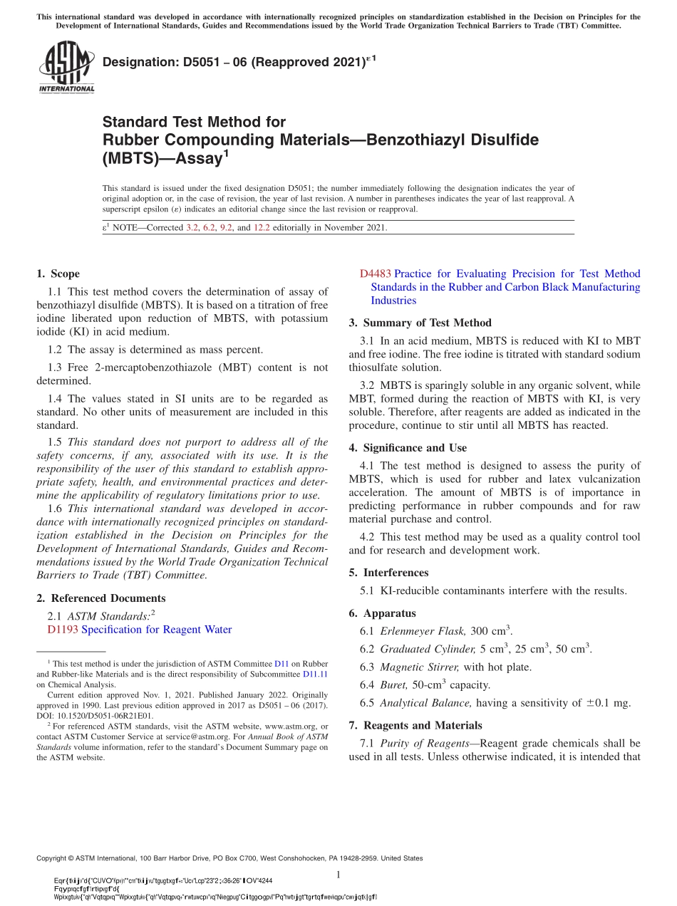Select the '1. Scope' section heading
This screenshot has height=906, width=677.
click(58, 274)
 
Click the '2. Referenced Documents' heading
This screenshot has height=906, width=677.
click(100, 598)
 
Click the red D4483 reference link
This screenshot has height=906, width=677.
click(375, 274)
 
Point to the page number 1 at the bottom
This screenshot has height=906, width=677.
click(338, 875)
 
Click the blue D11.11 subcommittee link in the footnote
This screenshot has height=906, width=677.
click(315, 673)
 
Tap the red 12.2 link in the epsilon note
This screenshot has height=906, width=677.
click(262, 228)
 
